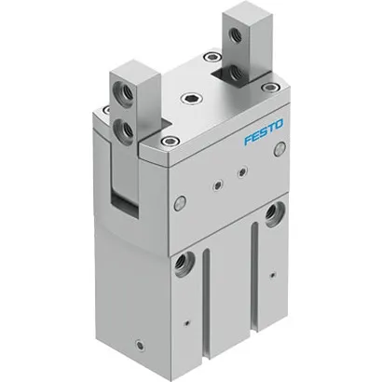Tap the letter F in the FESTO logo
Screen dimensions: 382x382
(246, 142)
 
